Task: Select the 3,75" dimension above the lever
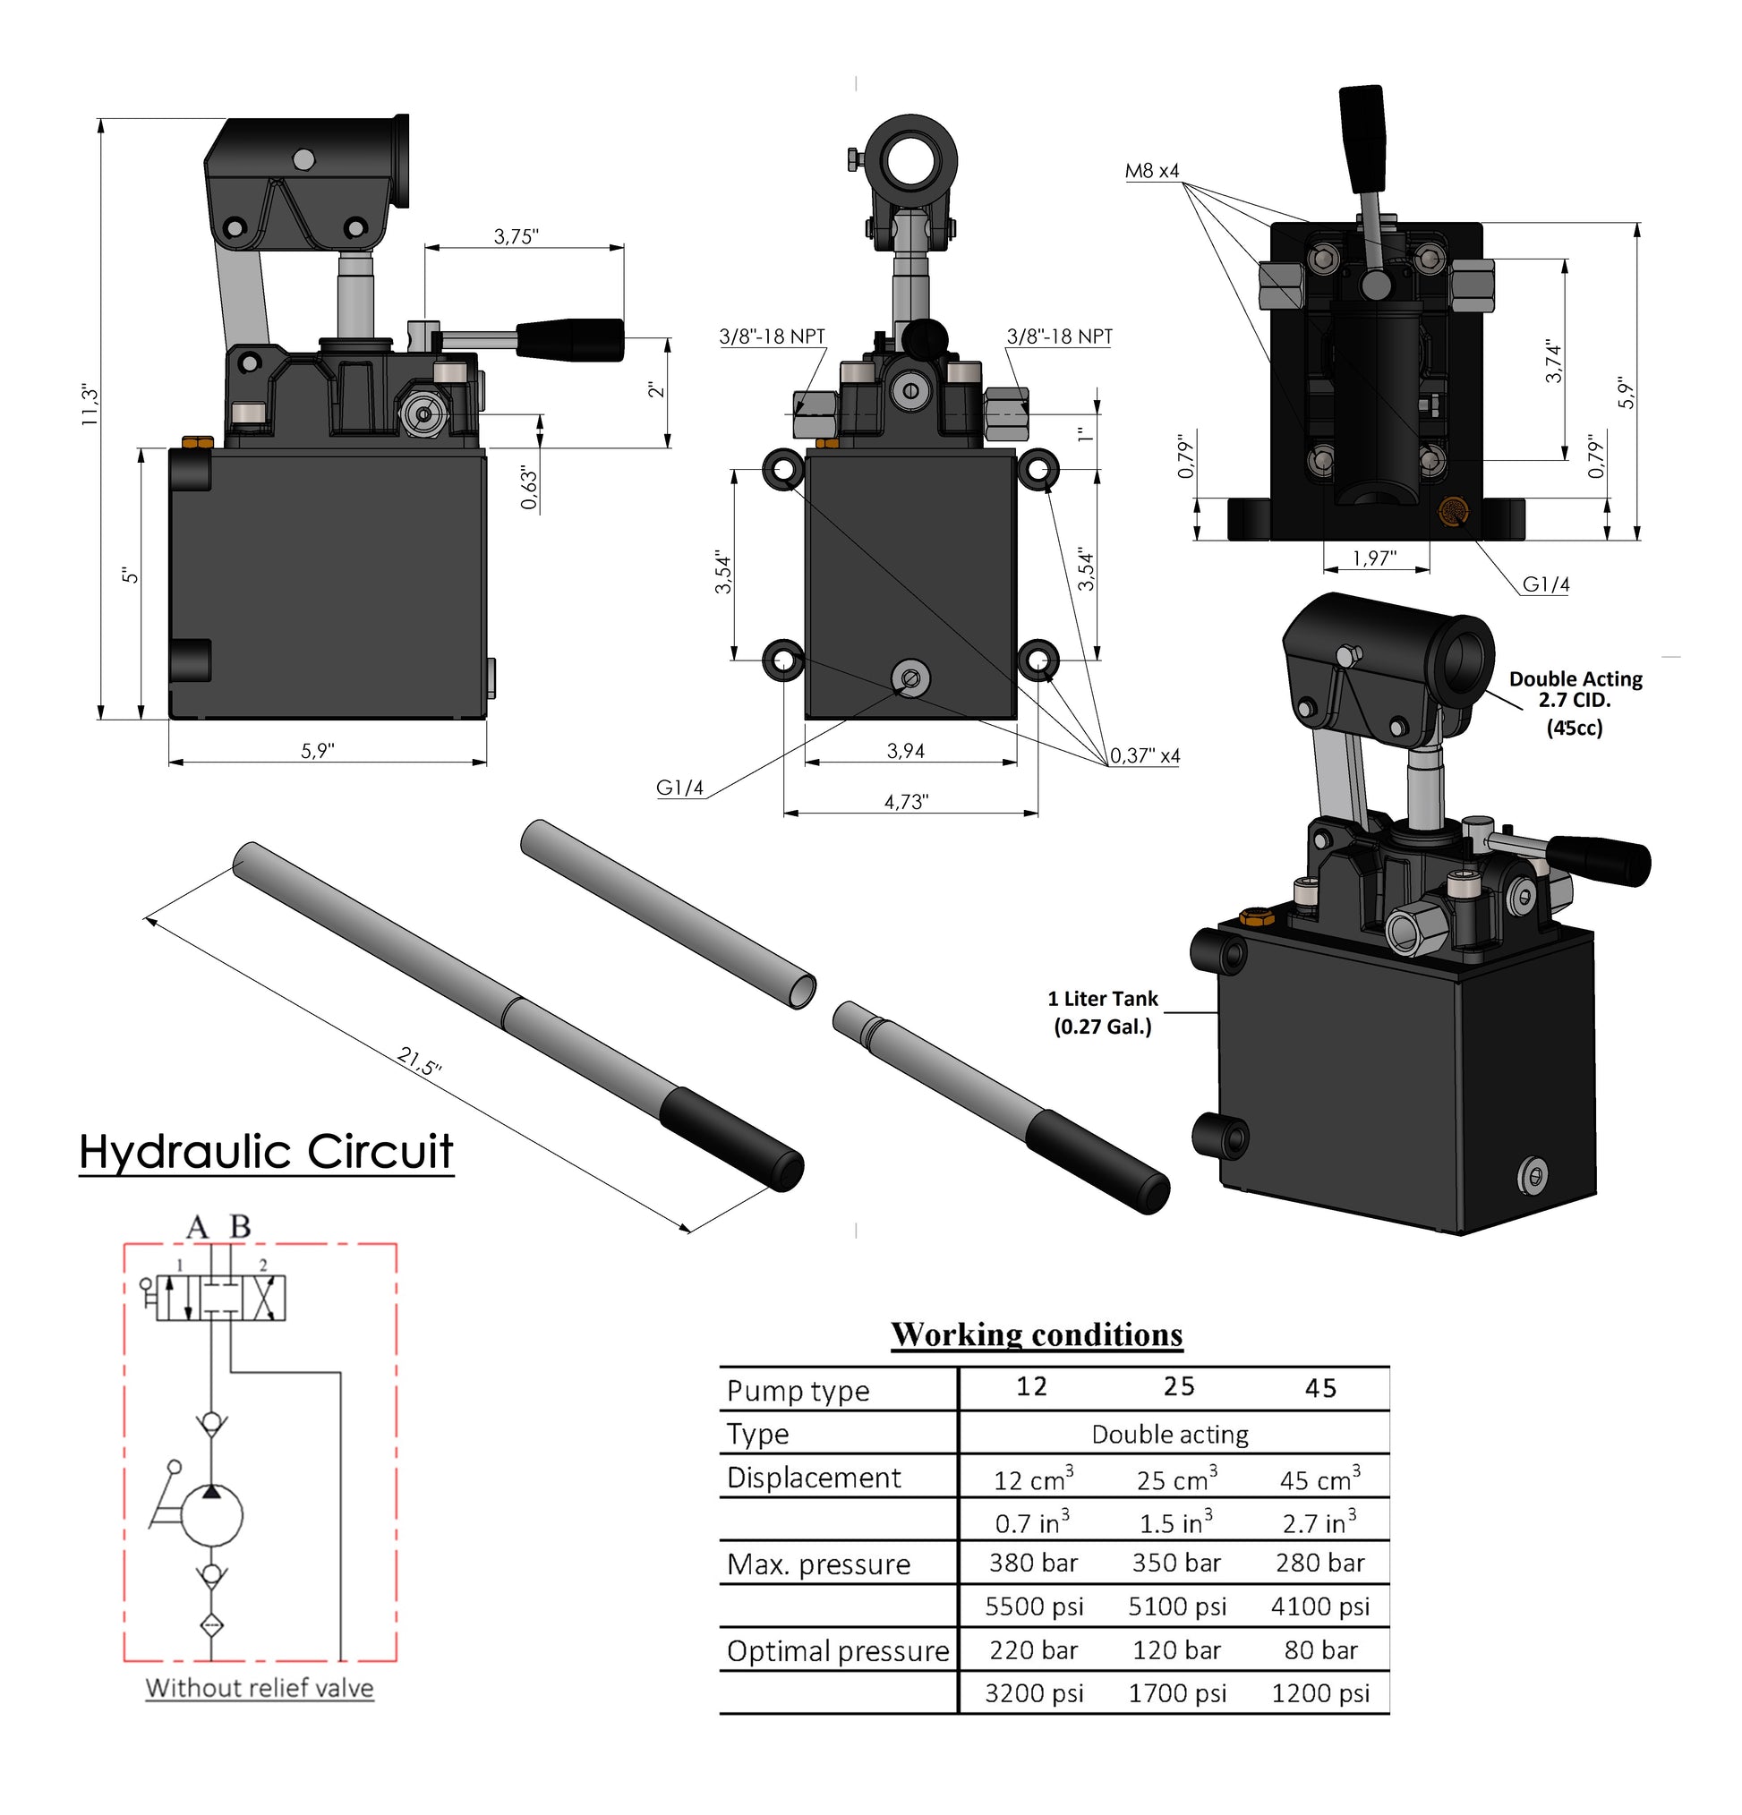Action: pos(515,236)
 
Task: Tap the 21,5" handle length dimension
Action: pos(420,1061)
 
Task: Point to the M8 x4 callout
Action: pos(1151,170)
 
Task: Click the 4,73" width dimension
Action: pos(905,801)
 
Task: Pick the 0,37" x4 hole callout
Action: pos(1145,755)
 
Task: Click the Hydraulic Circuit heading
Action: pos(266,1151)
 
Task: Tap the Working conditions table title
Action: pos(1037,1334)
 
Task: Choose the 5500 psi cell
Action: pos(1034,1606)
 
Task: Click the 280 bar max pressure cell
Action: pos(1319,1564)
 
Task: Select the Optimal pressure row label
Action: pos(837,1651)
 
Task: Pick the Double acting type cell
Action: pos(1170,1435)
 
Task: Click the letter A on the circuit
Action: pos(197,1227)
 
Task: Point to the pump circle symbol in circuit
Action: pos(211,1516)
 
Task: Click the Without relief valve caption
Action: pos(260,1687)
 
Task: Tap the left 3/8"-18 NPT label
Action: pos(772,337)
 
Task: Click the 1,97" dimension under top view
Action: pos(1373,558)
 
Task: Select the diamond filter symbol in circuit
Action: pos(211,1625)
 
